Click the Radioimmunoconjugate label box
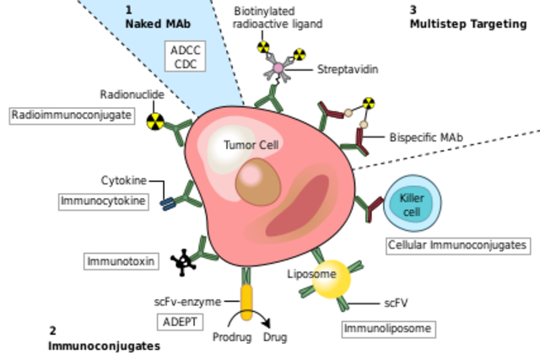click(x=72, y=115)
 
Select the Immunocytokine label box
click(x=98, y=201)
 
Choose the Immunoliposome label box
click(x=389, y=328)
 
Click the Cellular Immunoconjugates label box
click(x=457, y=245)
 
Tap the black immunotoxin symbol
click(x=182, y=262)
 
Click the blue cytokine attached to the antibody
click(x=168, y=202)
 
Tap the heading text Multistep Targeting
click(x=467, y=24)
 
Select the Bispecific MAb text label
click(x=426, y=137)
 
